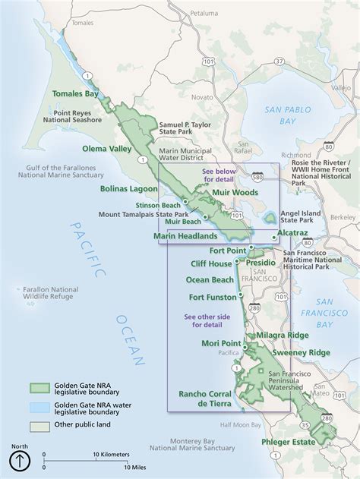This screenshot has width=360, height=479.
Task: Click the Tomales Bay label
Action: tap(75, 94)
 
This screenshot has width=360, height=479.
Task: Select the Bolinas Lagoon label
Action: tap(128, 188)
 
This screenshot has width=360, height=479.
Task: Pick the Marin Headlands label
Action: tap(185, 236)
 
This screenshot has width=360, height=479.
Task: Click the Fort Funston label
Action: tap(213, 297)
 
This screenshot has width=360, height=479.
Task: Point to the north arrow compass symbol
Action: tap(20, 460)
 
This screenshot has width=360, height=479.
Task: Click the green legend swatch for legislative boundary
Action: tap(39, 388)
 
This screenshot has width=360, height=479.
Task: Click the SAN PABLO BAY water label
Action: tap(290, 115)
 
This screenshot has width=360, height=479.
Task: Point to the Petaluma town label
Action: tap(204, 13)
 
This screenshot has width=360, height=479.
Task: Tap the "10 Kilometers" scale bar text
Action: tap(109, 454)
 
